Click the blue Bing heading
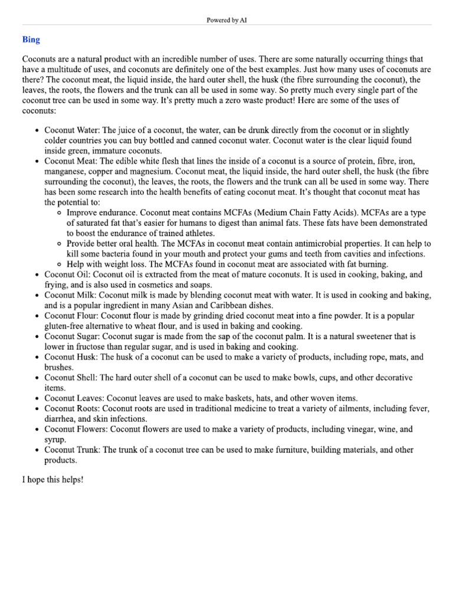31,40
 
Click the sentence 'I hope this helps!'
53,480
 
